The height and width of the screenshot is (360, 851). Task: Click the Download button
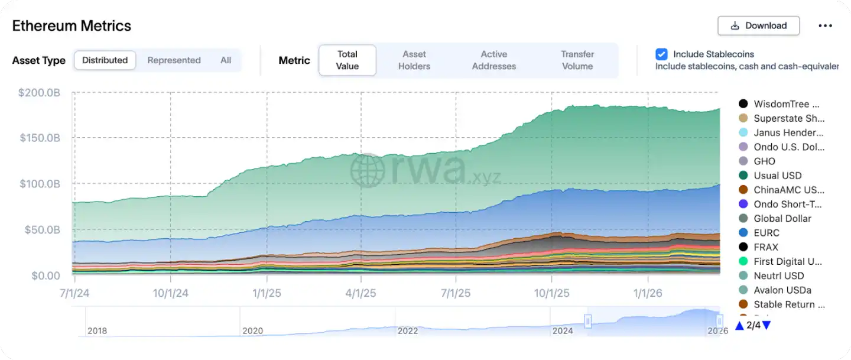(x=758, y=26)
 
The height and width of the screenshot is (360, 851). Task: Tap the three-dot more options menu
(x=825, y=26)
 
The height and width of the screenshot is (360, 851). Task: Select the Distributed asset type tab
(x=105, y=60)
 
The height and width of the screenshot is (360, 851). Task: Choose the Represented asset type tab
(x=174, y=60)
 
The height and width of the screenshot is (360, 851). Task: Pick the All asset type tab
(x=226, y=60)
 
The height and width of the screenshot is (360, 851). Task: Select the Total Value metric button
(x=347, y=60)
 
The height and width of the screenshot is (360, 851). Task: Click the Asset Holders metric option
(x=414, y=60)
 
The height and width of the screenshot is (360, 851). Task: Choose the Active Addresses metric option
(x=494, y=60)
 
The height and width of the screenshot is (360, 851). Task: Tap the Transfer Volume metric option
(x=577, y=60)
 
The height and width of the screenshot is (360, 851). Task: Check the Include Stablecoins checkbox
(x=661, y=54)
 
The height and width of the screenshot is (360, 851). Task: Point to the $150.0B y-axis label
(x=40, y=138)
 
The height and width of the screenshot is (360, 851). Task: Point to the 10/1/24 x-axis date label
(x=170, y=293)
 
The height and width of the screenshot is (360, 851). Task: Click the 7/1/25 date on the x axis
(x=456, y=293)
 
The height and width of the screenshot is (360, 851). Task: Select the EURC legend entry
(x=766, y=233)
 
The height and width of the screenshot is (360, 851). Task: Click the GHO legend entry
(x=764, y=161)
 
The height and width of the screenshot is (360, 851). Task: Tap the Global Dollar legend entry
(x=782, y=219)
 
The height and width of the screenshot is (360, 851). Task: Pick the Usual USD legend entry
(x=777, y=176)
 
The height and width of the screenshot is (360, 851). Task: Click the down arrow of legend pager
(x=766, y=326)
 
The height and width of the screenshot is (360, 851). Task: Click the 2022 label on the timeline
(x=408, y=331)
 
